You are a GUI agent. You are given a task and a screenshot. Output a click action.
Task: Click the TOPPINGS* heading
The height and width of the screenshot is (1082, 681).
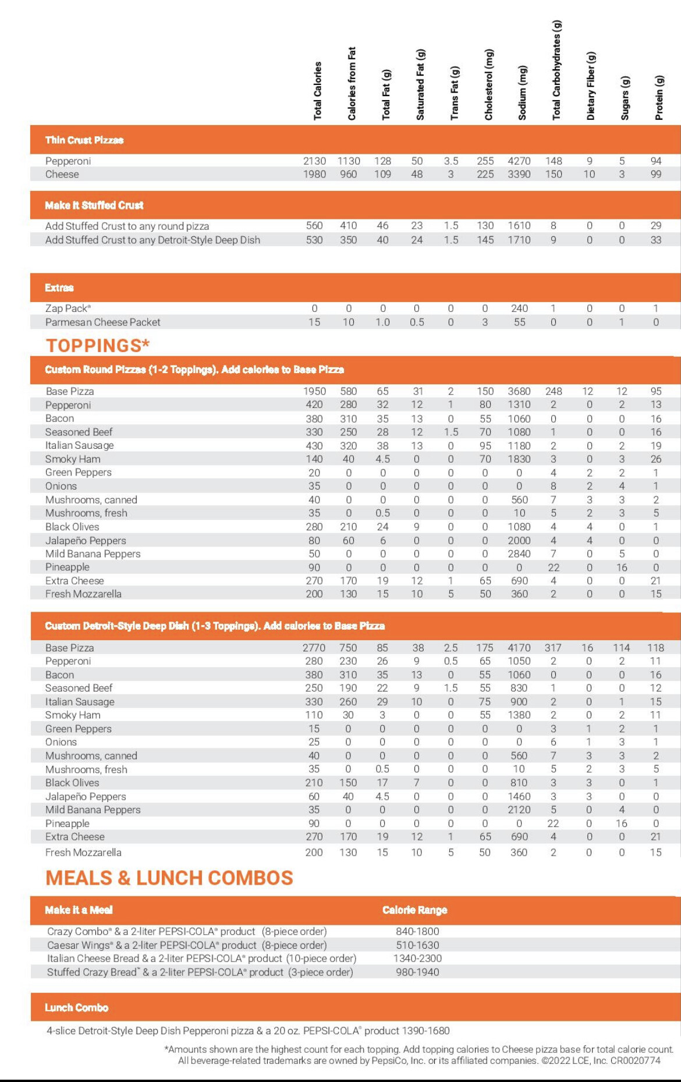coord(97,345)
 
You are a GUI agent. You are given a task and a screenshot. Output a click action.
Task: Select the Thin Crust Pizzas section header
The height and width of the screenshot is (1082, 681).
coord(84,140)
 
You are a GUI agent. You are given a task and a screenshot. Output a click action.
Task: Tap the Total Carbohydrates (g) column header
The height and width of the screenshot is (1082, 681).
coord(556,70)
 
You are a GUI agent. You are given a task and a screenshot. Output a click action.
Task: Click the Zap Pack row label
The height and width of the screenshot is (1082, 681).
coord(68,308)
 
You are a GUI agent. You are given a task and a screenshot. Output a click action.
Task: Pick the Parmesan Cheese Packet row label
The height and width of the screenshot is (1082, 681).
coord(102,322)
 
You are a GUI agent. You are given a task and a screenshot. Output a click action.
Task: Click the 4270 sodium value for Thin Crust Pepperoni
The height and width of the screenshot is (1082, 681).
coord(519,161)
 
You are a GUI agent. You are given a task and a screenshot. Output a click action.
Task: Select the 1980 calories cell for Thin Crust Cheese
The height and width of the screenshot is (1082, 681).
coord(314,174)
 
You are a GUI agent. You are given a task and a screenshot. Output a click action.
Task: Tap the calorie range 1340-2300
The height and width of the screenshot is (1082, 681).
coord(417,958)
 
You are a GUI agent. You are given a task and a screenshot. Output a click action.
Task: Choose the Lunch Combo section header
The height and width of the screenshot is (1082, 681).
coord(76,1007)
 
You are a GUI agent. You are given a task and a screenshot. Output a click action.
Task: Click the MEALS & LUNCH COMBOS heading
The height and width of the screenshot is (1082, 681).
coord(169,878)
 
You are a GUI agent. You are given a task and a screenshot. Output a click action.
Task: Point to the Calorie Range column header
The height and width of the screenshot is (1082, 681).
coord(414,910)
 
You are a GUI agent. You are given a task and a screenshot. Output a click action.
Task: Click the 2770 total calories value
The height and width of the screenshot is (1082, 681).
coord(314,647)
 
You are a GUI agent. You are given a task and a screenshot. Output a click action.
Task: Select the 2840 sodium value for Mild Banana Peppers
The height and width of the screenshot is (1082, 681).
coord(519,554)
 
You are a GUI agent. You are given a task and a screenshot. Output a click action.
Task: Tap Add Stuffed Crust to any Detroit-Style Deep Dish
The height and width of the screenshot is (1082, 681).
coord(152,240)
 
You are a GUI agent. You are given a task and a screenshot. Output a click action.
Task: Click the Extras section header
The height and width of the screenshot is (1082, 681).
coord(59,288)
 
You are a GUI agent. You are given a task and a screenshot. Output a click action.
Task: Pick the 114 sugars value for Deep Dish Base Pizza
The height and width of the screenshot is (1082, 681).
coord(621,647)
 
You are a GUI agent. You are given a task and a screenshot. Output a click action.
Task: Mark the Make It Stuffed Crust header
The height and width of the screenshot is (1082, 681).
coord(94,205)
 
